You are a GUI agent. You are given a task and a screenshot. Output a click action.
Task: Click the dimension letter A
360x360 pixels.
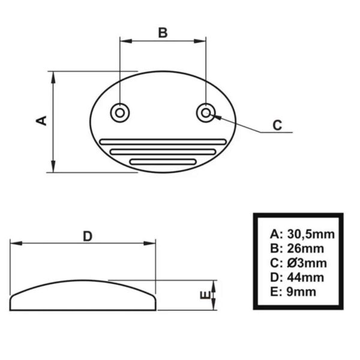(42, 121)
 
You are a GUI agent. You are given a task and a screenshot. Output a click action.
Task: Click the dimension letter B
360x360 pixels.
(163, 32)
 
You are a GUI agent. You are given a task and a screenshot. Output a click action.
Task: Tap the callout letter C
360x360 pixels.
(277, 125)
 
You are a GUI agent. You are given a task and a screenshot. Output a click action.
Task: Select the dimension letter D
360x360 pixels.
(88, 236)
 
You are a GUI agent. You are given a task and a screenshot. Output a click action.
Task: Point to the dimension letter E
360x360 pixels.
(204, 295)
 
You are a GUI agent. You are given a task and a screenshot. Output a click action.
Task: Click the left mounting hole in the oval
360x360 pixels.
(119, 112)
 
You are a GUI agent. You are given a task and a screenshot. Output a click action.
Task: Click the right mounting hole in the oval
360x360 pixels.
(206, 112)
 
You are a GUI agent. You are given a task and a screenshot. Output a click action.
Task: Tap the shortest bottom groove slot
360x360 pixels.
(163, 161)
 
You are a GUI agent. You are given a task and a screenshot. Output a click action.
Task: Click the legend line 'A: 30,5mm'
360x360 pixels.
(302, 234)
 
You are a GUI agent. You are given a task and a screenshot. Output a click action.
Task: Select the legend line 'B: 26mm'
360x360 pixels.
(297, 248)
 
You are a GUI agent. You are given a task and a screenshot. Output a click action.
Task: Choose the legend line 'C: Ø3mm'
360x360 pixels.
(298, 263)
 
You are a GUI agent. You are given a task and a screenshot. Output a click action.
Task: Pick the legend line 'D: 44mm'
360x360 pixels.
(297, 277)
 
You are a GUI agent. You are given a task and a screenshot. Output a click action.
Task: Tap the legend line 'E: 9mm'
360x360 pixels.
(293, 292)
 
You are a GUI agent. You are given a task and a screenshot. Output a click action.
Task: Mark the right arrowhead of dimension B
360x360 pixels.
(202, 41)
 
